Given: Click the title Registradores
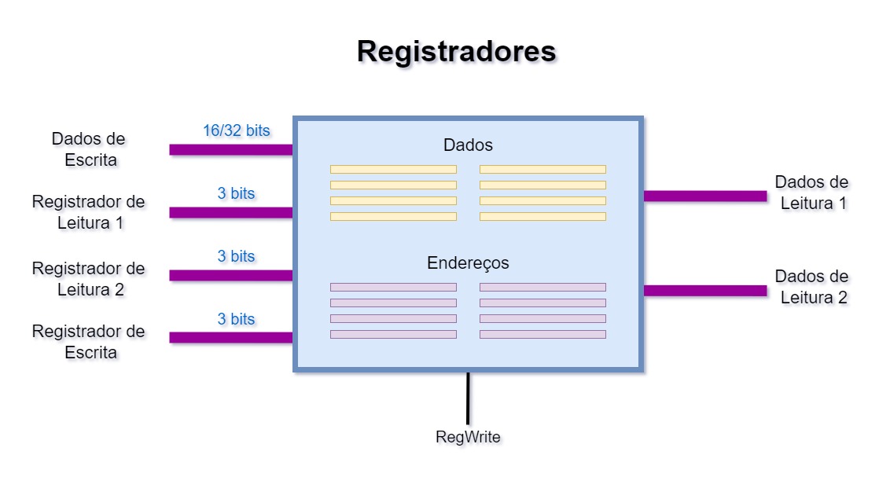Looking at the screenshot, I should coord(456,52).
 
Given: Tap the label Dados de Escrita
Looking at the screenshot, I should coord(88,149).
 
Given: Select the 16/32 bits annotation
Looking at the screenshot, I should coord(236,130).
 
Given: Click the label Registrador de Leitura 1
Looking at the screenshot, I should coord(88,212).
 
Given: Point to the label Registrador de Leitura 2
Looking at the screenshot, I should coord(88,279).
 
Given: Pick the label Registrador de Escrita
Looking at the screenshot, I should coord(88,342).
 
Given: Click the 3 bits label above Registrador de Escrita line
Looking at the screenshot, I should coord(236,319).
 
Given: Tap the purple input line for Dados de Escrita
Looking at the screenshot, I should coord(231,149).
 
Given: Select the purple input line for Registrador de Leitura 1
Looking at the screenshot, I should coord(231,212).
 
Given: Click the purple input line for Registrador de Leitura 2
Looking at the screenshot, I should coord(231,275).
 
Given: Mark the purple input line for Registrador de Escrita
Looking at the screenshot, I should coord(231,338).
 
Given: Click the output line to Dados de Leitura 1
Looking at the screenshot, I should coord(705,196).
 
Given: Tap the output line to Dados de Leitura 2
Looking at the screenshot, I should coord(705,291).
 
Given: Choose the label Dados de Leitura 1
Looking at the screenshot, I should coord(811,193).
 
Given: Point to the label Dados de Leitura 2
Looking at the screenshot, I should coord(811,287).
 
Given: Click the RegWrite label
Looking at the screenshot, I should coord(468,437).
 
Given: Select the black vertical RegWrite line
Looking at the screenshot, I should coord(468,398).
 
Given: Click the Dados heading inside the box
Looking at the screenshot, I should coord(468,145).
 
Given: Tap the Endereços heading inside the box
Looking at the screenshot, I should coord(468,262).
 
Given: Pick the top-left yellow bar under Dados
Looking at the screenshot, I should coord(393,169).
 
